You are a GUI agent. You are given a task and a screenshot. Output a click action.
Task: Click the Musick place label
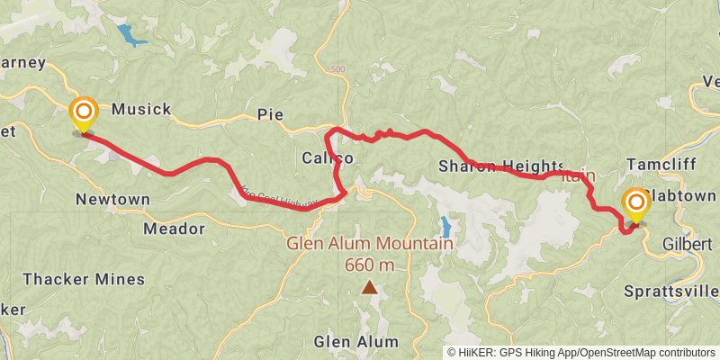coord(141,109)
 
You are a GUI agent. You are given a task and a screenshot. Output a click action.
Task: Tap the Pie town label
coord(270,114)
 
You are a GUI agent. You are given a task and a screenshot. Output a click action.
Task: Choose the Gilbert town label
coord(687,244)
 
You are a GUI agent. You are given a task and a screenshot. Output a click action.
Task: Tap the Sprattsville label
coord(671,291)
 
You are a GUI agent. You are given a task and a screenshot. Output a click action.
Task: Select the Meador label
coord(174,229)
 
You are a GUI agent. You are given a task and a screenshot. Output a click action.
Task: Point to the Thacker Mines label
coord(84,279)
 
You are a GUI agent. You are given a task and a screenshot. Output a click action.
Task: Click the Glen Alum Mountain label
coord(369,243)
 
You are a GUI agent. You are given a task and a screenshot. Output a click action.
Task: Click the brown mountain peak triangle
coord(369,288)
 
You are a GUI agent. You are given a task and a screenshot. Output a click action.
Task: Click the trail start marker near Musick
coord(83,113)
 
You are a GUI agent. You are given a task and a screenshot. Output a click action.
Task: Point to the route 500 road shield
coord(337,69)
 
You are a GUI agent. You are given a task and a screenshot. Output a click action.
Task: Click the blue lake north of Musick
coord(131,36)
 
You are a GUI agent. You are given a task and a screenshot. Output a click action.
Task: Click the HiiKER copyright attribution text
coord(581,352)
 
